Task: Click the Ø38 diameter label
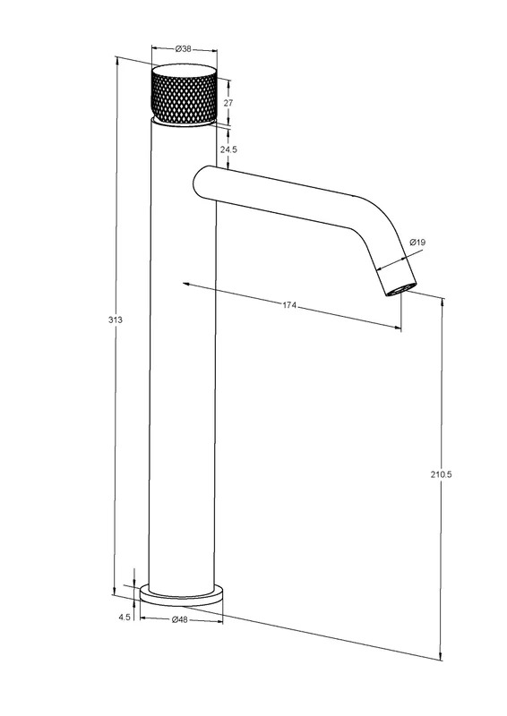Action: pyautogui.click(x=184, y=49)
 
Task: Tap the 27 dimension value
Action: pyautogui.click(x=228, y=103)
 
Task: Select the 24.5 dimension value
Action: pyautogui.click(x=228, y=149)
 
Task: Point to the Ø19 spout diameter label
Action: pyautogui.click(x=417, y=242)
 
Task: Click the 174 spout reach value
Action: pyautogui.click(x=289, y=305)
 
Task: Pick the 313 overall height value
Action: pyautogui.click(x=116, y=320)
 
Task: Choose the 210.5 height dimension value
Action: pyautogui.click(x=442, y=474)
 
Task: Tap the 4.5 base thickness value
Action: pyautogui.click(x=125, y=617)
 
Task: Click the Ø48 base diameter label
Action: pyautogui.click(x=180, y=619)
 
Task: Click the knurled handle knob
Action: pyautogui.click(x=184, y=94)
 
